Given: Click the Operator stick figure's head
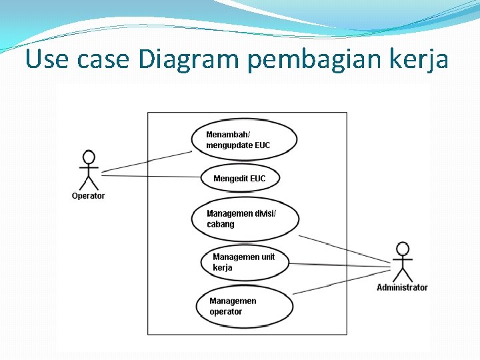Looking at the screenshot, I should (x=88, y=157).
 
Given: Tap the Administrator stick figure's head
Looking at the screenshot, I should (x=402, y=249).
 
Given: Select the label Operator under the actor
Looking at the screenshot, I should (x=88, y=196).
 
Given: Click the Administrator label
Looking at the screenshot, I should (x=402, y=287).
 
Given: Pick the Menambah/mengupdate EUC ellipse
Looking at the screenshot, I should (x=243, y=139).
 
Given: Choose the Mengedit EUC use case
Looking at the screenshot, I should (x=240, y=178).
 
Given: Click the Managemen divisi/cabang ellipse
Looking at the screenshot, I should (x=245, y=219).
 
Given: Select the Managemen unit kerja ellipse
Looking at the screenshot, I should (x=245, y=262).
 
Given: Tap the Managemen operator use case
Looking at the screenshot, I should (x=245, y=306).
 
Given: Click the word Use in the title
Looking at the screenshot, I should (x=47, y=60).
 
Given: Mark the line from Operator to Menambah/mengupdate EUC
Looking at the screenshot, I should (x=147, y=161).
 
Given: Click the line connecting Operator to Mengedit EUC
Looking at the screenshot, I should (x=150, y=176).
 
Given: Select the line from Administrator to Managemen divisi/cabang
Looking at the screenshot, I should (x=343, y=247).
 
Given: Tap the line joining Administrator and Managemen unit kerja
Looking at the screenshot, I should (x=340, y=265).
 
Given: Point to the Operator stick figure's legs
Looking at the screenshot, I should (x=88, y=182).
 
